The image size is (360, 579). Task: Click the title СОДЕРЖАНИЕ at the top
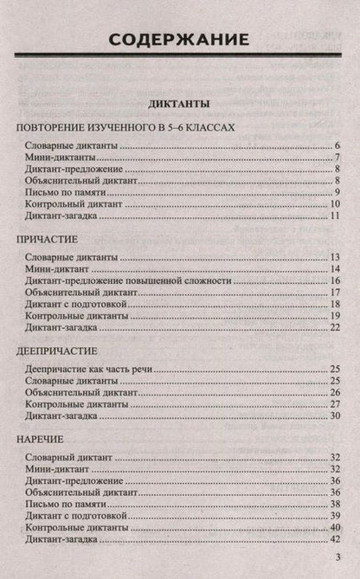(x=180, y=39)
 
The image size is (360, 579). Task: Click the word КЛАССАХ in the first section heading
(x=206, y=127)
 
